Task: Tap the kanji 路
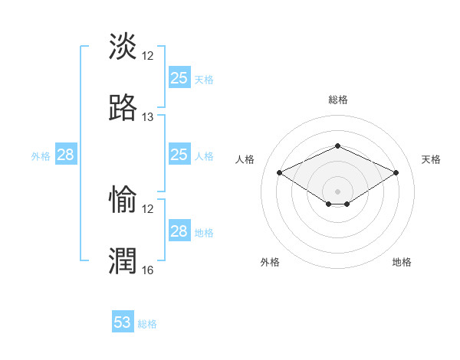pyautogui.click(x=123, y=108)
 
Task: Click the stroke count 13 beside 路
pyautogui.click(x=148, y=117)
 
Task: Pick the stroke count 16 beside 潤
pyautogui.click(x=148, y=270)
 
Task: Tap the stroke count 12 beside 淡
pyautogui.click(x=148, y=55)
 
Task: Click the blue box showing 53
pyautogui.click(x=123, y=322)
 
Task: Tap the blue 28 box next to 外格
pyautogui.click(x=65, y=155)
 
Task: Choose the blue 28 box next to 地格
pyautogui.click(x=179, y=231)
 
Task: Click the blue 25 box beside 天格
pyautogui.click(x=179, y=78)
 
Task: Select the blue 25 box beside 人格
pyautogui.click(x=179, y=155)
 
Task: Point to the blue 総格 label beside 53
pyautogui.click(x=147, y=324)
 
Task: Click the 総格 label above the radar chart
pyautogui.click(x=337, y=100)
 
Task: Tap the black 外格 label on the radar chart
pyautogui.click(x=270, y=262)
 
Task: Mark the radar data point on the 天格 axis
pyautogui.click(x=396, y=172)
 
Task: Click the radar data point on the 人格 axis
pyautogui.click(x=279, y=172)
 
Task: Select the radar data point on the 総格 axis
pyautogui.click(x=337, y=146)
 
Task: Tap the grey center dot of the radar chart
pyautogui.click(x=337, y=191)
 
